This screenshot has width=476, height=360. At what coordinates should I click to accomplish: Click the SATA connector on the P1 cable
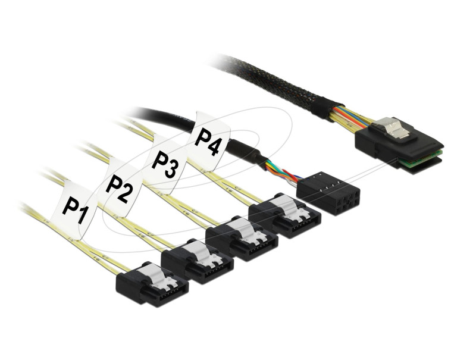click(152, 283)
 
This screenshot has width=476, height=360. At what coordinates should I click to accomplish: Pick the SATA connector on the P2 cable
click(198, 261)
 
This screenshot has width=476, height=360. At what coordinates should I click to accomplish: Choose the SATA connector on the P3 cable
click(242, 239)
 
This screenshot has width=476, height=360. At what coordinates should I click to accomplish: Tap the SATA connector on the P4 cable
click(284, 215)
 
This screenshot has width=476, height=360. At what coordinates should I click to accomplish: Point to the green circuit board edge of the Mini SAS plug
click(421, 158)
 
